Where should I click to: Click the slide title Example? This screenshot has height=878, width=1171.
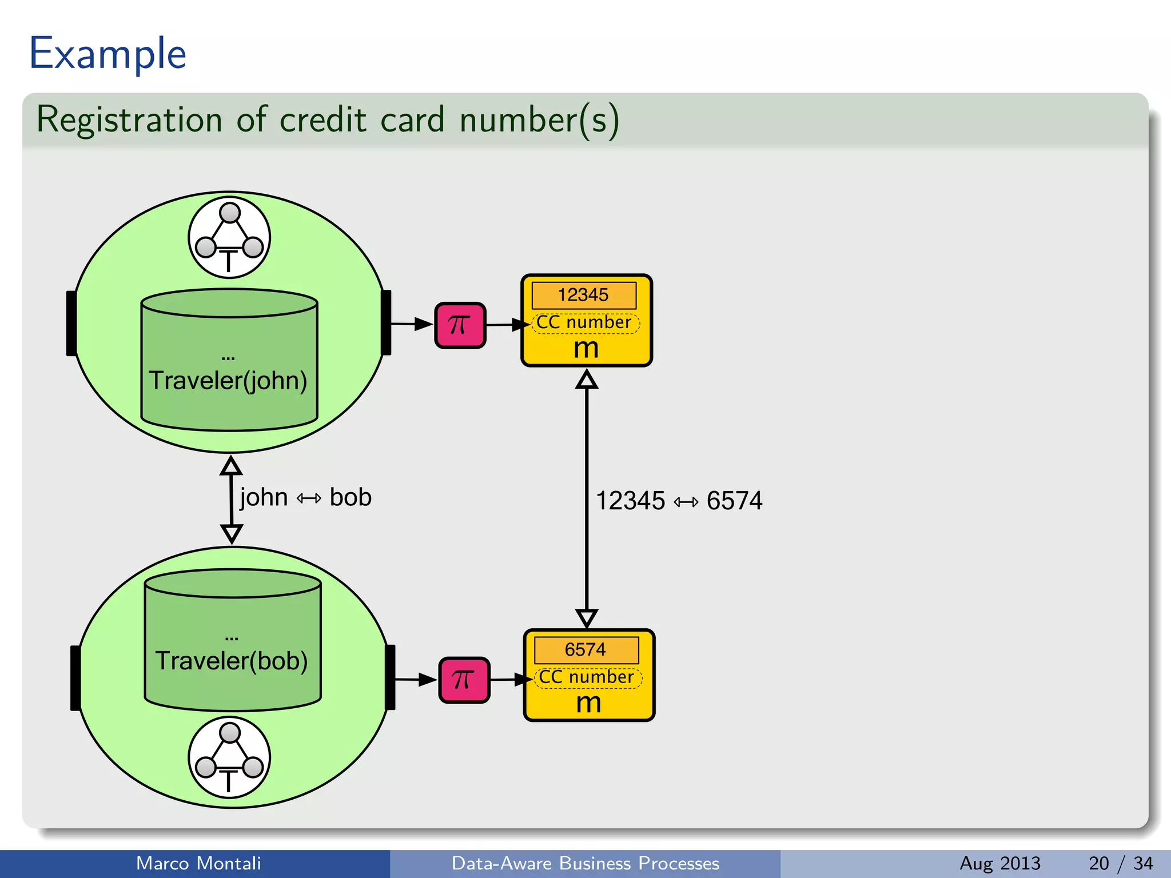point(107,54)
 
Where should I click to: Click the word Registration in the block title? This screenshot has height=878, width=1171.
point(129,120)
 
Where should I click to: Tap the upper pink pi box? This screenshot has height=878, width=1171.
point(460,325)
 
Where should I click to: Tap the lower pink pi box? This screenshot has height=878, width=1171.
point(464,680)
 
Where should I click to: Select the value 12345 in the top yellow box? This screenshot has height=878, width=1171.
point(583,295)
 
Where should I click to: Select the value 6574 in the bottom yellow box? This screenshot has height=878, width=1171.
point(585,650)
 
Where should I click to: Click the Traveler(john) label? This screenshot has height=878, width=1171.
point(228,381)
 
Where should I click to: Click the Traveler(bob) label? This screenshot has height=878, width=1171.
point(232,661)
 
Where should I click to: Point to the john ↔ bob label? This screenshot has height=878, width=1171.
point(305,497)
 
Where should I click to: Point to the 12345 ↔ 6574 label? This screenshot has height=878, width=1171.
point(679,501)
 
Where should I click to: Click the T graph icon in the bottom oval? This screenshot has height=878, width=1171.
point(229,757)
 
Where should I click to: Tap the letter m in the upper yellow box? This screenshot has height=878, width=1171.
point(586,348)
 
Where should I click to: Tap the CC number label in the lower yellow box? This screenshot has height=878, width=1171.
point(587,677)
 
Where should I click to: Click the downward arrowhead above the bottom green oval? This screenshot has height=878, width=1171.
point(232,533)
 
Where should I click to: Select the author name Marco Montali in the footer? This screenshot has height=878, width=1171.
point(198,863)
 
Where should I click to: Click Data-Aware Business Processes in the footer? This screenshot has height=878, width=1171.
point(585,863)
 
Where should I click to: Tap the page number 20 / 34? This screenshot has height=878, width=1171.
point(1121,863)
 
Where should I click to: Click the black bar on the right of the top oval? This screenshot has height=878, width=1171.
point(387,322)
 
